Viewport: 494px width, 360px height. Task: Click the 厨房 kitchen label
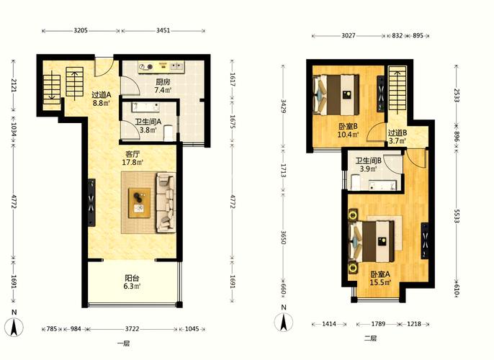pos(163,82)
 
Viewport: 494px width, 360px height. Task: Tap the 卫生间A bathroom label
pos(148,122)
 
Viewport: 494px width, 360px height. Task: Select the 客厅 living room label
pos(133,154)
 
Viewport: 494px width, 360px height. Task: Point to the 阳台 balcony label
pos(132,279)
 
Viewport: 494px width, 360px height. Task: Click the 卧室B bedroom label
pos(348,127)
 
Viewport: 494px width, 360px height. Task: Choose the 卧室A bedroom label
pos(380,274)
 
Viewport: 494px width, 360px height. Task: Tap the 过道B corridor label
pos(398,133)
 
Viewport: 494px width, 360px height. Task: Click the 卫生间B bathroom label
pos(369,161)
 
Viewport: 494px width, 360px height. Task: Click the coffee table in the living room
pos(139,203)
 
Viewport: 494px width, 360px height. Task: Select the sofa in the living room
pos(166,202)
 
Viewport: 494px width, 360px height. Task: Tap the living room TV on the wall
pos(91,202)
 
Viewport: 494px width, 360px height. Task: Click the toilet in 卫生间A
pos(169,133)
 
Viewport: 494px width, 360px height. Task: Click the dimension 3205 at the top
pos(81,30)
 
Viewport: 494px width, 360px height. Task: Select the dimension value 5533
pos(457,216)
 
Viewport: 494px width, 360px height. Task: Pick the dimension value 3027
pos(349,35)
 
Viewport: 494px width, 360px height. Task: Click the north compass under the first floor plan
pos(14,324)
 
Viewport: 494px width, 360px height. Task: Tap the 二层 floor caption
pos(370,338)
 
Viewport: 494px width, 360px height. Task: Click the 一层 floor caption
pos(123,343)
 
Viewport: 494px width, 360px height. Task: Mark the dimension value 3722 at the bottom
pos(132,329)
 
